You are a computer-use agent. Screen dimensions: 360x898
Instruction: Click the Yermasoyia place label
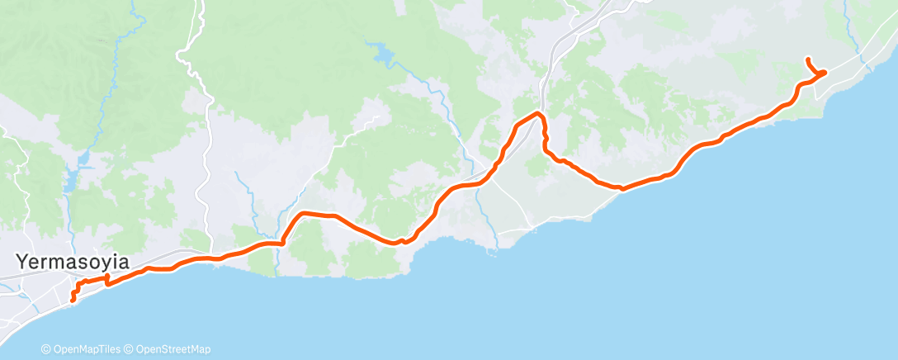click(x=73, y=263)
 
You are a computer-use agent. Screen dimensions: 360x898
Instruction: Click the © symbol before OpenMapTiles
click(x=45, y=349)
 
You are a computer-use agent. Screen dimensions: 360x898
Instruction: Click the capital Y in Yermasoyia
click(x=22, y=263)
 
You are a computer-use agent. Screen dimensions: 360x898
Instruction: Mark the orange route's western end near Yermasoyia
click(x=73, y=300)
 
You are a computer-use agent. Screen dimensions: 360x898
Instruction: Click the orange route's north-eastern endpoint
click(x=807, y=59)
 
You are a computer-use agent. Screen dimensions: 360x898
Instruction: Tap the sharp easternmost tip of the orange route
click(x=824, y=73)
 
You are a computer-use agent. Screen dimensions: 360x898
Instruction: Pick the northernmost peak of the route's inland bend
click(x=537, y=112)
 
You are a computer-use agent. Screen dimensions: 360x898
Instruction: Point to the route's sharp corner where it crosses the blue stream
click(x=282, y=242)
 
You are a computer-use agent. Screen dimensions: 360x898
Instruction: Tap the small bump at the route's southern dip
click(x=401, y=241)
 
